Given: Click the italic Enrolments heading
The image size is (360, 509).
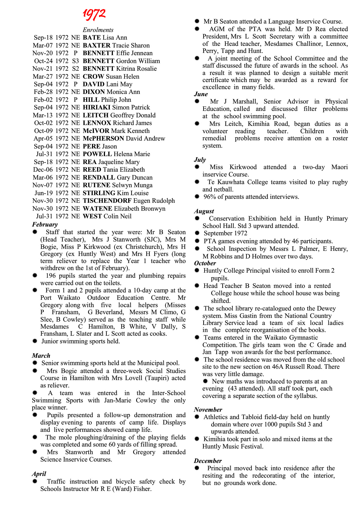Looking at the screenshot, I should point(98,30).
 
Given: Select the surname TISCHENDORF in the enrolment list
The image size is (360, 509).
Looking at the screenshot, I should point(107,201).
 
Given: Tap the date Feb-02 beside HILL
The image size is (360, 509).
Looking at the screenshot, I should point(43,100).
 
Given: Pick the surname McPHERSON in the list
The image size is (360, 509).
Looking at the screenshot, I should point(103,139).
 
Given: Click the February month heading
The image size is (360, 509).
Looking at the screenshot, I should point(45,225).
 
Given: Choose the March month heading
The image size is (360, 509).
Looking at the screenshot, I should point(41,356).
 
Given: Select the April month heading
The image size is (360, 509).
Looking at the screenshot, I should point(39,474).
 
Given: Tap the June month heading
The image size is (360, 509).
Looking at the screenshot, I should point(201,94).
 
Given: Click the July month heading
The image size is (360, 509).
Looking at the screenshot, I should point(200,160).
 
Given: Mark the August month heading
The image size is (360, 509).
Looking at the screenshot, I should point(204,211).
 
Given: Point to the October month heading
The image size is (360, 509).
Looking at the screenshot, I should point(205,263).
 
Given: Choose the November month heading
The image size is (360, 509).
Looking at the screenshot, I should point(208,410).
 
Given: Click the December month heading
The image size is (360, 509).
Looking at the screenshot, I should point(208,461).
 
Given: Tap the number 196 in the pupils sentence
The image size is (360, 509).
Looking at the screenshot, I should point(51,276).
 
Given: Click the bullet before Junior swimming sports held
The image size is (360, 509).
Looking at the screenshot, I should point(35,341).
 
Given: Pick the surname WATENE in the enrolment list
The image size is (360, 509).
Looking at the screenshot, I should point(97,209).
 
